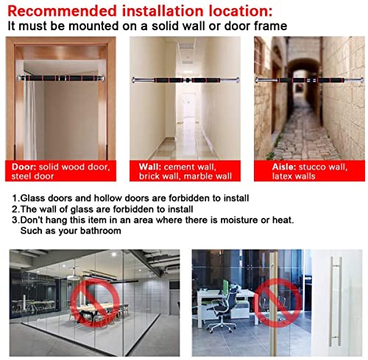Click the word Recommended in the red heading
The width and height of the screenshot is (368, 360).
click(62, 11)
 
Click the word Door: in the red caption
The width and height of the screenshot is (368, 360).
click(24, 167)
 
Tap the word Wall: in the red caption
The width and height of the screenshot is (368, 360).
click(149, 167)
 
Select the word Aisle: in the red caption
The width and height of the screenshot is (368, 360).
click(284, 167)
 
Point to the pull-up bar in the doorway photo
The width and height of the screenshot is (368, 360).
click(61, 78)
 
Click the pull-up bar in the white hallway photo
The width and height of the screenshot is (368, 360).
click(185, 80)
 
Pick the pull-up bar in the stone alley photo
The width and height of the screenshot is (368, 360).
click(310, 80)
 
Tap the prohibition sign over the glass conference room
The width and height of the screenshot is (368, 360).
click(95, 301)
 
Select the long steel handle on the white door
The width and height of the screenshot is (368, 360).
click(336, 301)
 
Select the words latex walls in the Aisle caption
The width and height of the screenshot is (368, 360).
click(294, 176)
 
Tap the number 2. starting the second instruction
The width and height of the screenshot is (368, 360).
click(15, 209)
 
